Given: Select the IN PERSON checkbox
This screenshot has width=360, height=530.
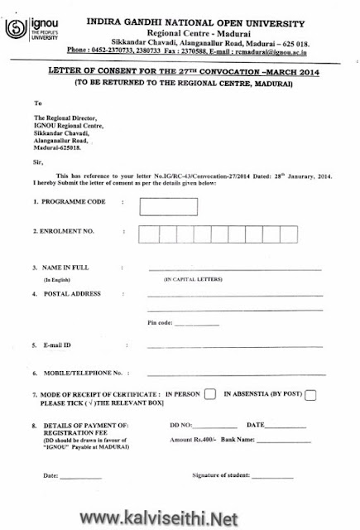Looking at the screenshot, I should click(209, 393).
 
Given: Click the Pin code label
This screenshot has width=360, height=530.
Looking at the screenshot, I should click(160, 322).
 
